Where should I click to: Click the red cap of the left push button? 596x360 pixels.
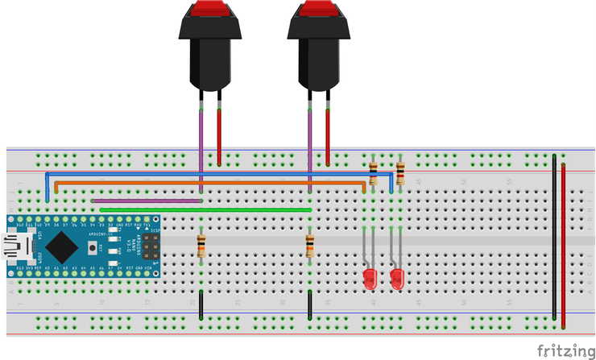pyautogui.click(x=209, y=10)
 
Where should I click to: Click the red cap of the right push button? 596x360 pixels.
pyautogui.click(x=320, y=9)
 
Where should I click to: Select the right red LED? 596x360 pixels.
pyautogui.click(x=396, y=279)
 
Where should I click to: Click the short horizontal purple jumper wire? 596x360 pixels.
pyautogui.click(x=146, y=201)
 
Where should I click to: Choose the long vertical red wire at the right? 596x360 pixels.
pyautogui.click(x=563, y=242)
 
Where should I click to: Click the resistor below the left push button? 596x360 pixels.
pyautogui.click(x=201, y=246)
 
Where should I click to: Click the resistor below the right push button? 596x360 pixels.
pyautogui.click(x=310, y=246)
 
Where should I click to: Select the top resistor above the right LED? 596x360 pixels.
pyautogui.click(x=400, y=172)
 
